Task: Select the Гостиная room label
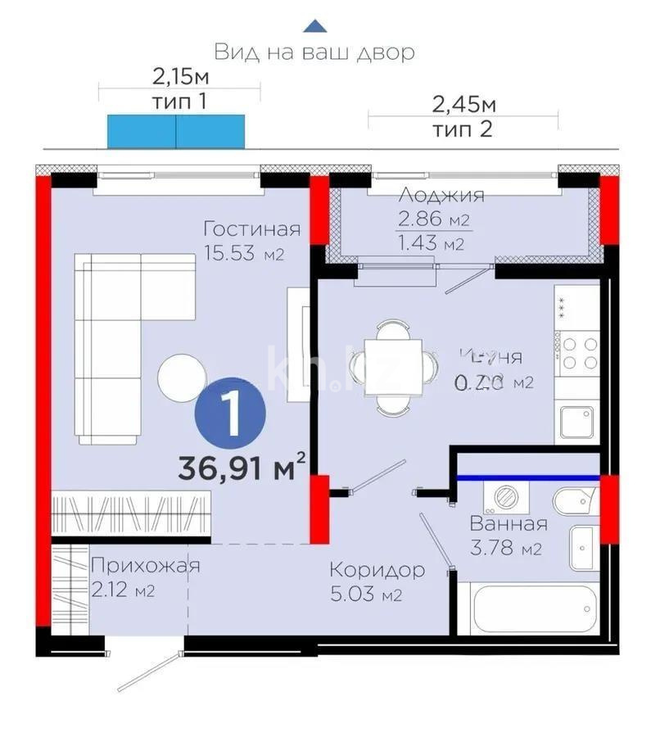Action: pyautogui.click(x=251, y=229)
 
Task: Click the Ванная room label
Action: pyautogui.click(x=508, y=524)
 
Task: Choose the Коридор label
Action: pyautogui.click(x=377, y=569)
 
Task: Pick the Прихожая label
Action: pyautogui.click(x=145, y=565)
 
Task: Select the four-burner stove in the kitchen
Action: pyautogui.click(x=578, y=355)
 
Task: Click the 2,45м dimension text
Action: pyautogui.click(x=463, y=105)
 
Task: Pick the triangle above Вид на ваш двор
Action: pyautogui.click(x=314, y=26)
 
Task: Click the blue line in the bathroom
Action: pyautogui.click(x=527, y=477)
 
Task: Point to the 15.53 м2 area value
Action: pyautogui.click(x=243, y=254)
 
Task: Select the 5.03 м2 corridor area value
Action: pyautogui.click(x=366, y=595)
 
